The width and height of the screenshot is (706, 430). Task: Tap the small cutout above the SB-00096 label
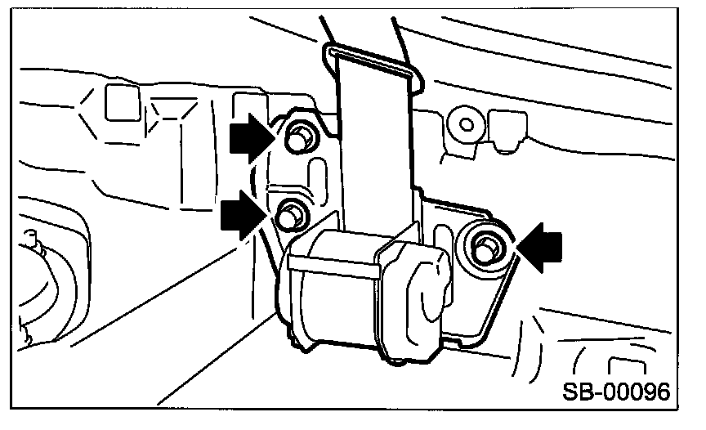pyautogui.click(x=624, y=365)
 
